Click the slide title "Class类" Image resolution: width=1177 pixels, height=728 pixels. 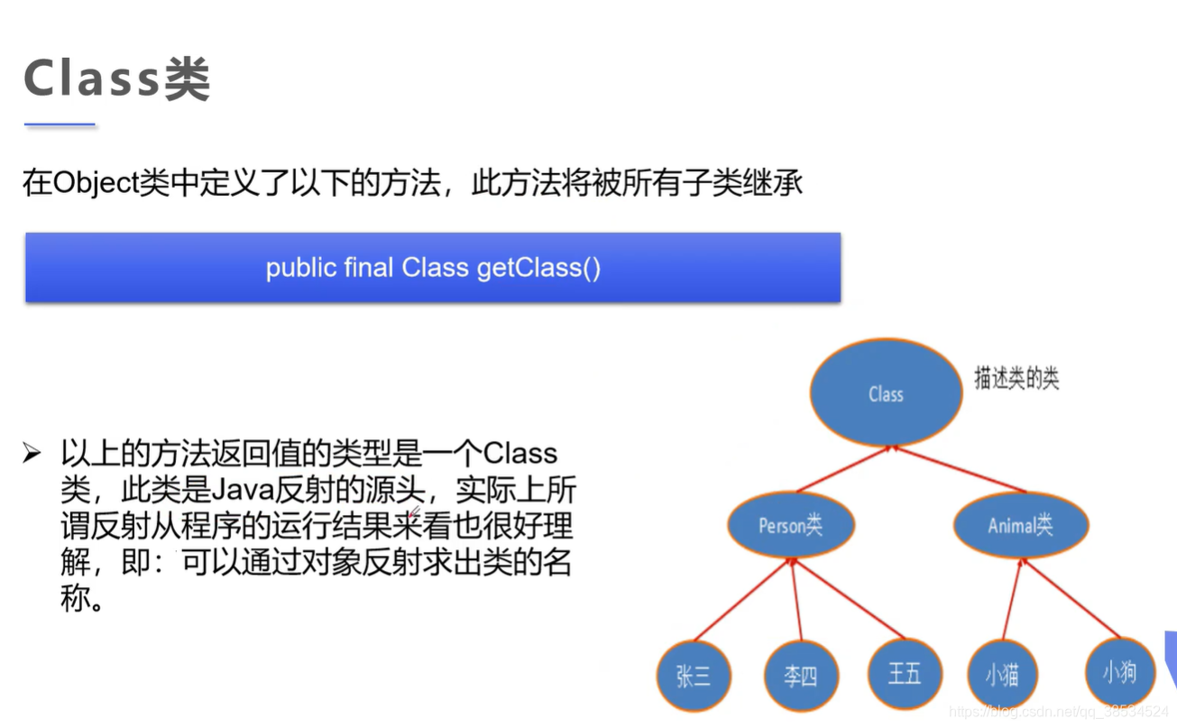(x=116, y=79)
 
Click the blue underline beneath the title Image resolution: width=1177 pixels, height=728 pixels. (x=60, y=124)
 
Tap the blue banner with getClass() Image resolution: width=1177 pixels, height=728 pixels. (x=433, y=267)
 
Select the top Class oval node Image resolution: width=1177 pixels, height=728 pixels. (x=886, y=393)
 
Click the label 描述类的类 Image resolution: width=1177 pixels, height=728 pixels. (x=1016, y=379)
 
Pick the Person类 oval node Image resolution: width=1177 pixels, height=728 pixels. (x=790, y=525)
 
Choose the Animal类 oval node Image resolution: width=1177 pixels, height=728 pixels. (x=1020, y=524)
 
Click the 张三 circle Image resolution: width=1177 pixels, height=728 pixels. (x=693, y=676)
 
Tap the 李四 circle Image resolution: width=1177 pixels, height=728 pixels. (x=800, y=676)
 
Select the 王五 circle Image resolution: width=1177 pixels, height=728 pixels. (x=905, y=673)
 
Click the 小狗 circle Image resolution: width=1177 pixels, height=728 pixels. (x=1118, y=671)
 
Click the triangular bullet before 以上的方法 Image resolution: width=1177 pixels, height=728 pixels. (x=32, y=453)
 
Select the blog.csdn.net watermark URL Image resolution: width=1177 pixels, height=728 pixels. (x=1060, y=713)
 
